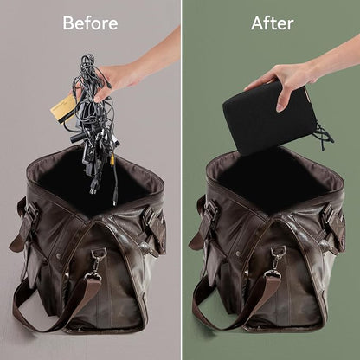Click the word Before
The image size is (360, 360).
pyautogui.click(x=90, y=23)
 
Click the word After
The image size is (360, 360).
pyautogui.click(x=273, y=23)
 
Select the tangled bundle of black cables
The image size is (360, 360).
pyautogui.click(x=93, y=121)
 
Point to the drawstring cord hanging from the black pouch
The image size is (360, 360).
pyautogui.click(x=324, y=133)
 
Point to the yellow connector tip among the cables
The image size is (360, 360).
pyautogui.click(x=112, y=159)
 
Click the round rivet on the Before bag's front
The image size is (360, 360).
pyautogui.click(x=59, y=254)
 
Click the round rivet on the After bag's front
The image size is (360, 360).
pyautogui.click(x=238, y=254)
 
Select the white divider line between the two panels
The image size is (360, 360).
pyautogui.click(x=182, y=180)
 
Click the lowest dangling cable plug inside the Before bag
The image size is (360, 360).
pyautogui.click(x=115, y=202)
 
